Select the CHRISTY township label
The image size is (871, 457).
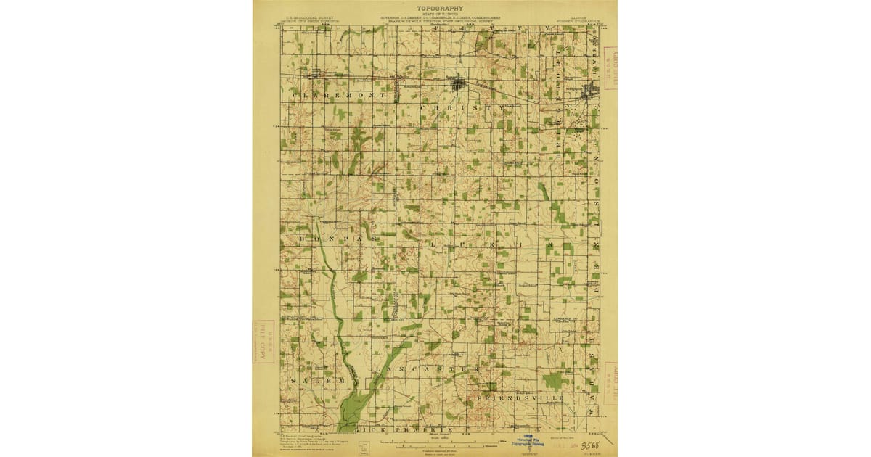coord(462,107)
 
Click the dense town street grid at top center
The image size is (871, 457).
coord(457,83)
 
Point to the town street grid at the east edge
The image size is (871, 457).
coord(591,91)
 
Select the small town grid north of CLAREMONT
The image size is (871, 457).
coord(316,73)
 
